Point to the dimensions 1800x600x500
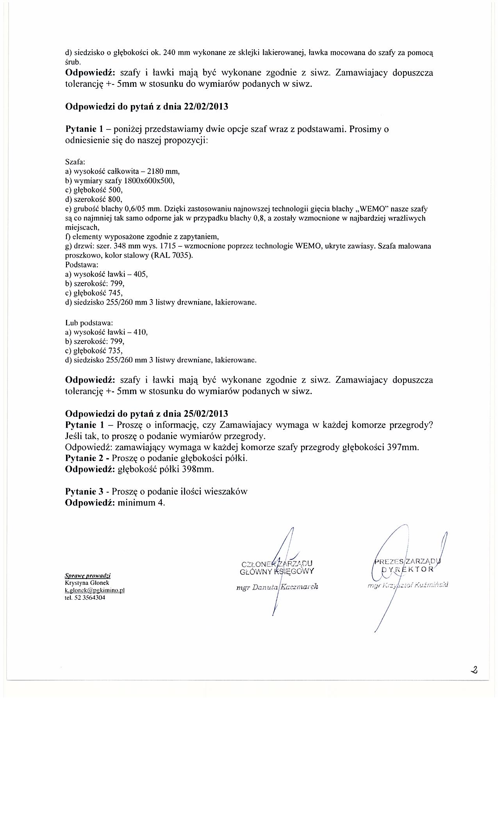point(149,181)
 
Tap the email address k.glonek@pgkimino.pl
point(95,590)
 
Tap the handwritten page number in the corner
point(475,670)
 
